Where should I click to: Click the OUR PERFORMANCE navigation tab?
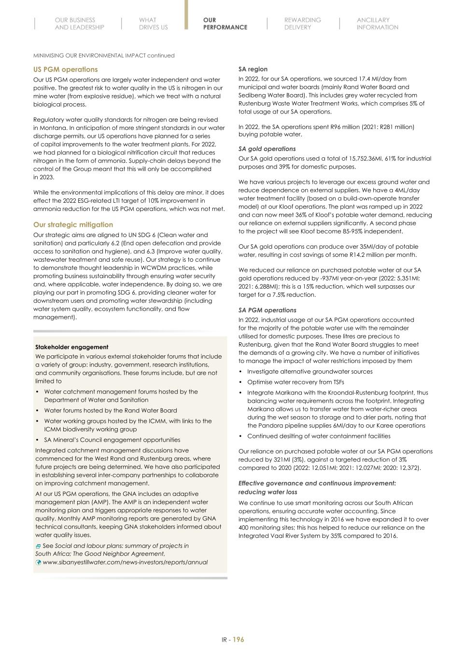click(x=225, y=24)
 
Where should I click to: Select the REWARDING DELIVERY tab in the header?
click(x=302, y=24)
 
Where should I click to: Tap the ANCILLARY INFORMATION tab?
click(x=377, y=24)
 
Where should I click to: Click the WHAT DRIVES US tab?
click(x=153, y=24)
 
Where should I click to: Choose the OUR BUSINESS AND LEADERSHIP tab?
click(x=79, y=24)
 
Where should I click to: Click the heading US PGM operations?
click(x=65, y=70)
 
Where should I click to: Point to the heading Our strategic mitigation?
click(x=73, y=224)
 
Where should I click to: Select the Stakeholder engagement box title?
click(x=71, y=347)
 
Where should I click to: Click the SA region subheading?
click(x=253, y=69)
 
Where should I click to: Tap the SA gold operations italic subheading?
click(x=267, y=149)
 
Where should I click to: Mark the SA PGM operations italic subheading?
click(x=267, y=310)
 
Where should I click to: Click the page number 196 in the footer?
click(x=238, y=640)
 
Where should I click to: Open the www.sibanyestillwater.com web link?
click(x=125, y=562)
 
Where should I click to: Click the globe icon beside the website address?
click(x=38, y=562)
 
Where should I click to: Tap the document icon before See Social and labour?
click(x=38, y=546)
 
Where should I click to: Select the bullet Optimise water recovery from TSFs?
click(x=296, y=382)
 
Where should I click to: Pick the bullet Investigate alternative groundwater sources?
click(x=310, y=371)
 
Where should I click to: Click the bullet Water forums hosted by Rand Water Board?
click(x=110, y=410)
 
